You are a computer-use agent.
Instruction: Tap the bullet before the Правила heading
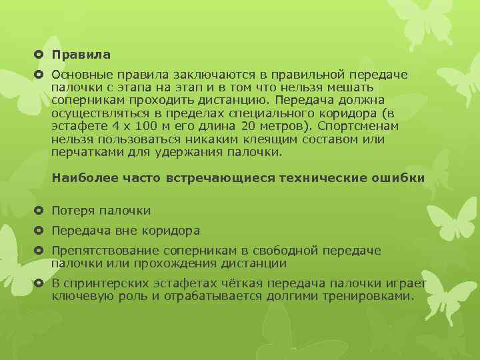point(40,54)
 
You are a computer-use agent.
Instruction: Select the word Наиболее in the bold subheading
point(81,178)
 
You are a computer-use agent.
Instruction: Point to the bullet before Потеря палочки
point(40,211)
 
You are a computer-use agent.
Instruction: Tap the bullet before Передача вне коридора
point(40,231)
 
